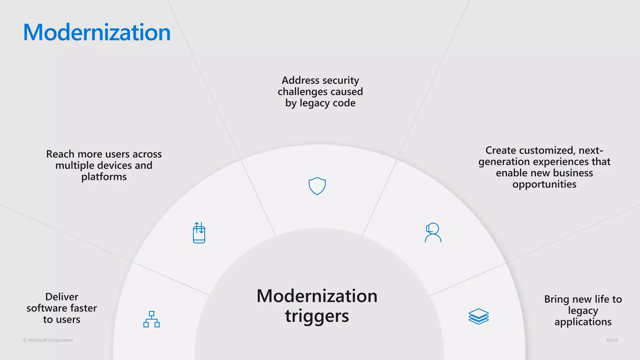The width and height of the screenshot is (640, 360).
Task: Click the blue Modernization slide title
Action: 97,32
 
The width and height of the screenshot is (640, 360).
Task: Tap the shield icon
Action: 317,186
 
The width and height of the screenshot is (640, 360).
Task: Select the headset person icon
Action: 433,232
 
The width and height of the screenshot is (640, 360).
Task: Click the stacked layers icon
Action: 478,316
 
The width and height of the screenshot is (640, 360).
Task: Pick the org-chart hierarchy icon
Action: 152,319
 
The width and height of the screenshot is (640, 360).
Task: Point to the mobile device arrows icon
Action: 199,233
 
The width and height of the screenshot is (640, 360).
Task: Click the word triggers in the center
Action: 317,316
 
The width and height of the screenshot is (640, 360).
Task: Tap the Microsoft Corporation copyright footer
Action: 48,340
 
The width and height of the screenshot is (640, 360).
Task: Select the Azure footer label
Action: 612,340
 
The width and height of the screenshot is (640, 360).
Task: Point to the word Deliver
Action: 62,297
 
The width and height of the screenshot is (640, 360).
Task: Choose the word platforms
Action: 104,177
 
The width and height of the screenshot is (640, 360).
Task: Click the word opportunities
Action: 544,184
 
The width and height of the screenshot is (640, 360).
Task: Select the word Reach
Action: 60,154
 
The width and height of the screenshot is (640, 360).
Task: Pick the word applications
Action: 583,322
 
